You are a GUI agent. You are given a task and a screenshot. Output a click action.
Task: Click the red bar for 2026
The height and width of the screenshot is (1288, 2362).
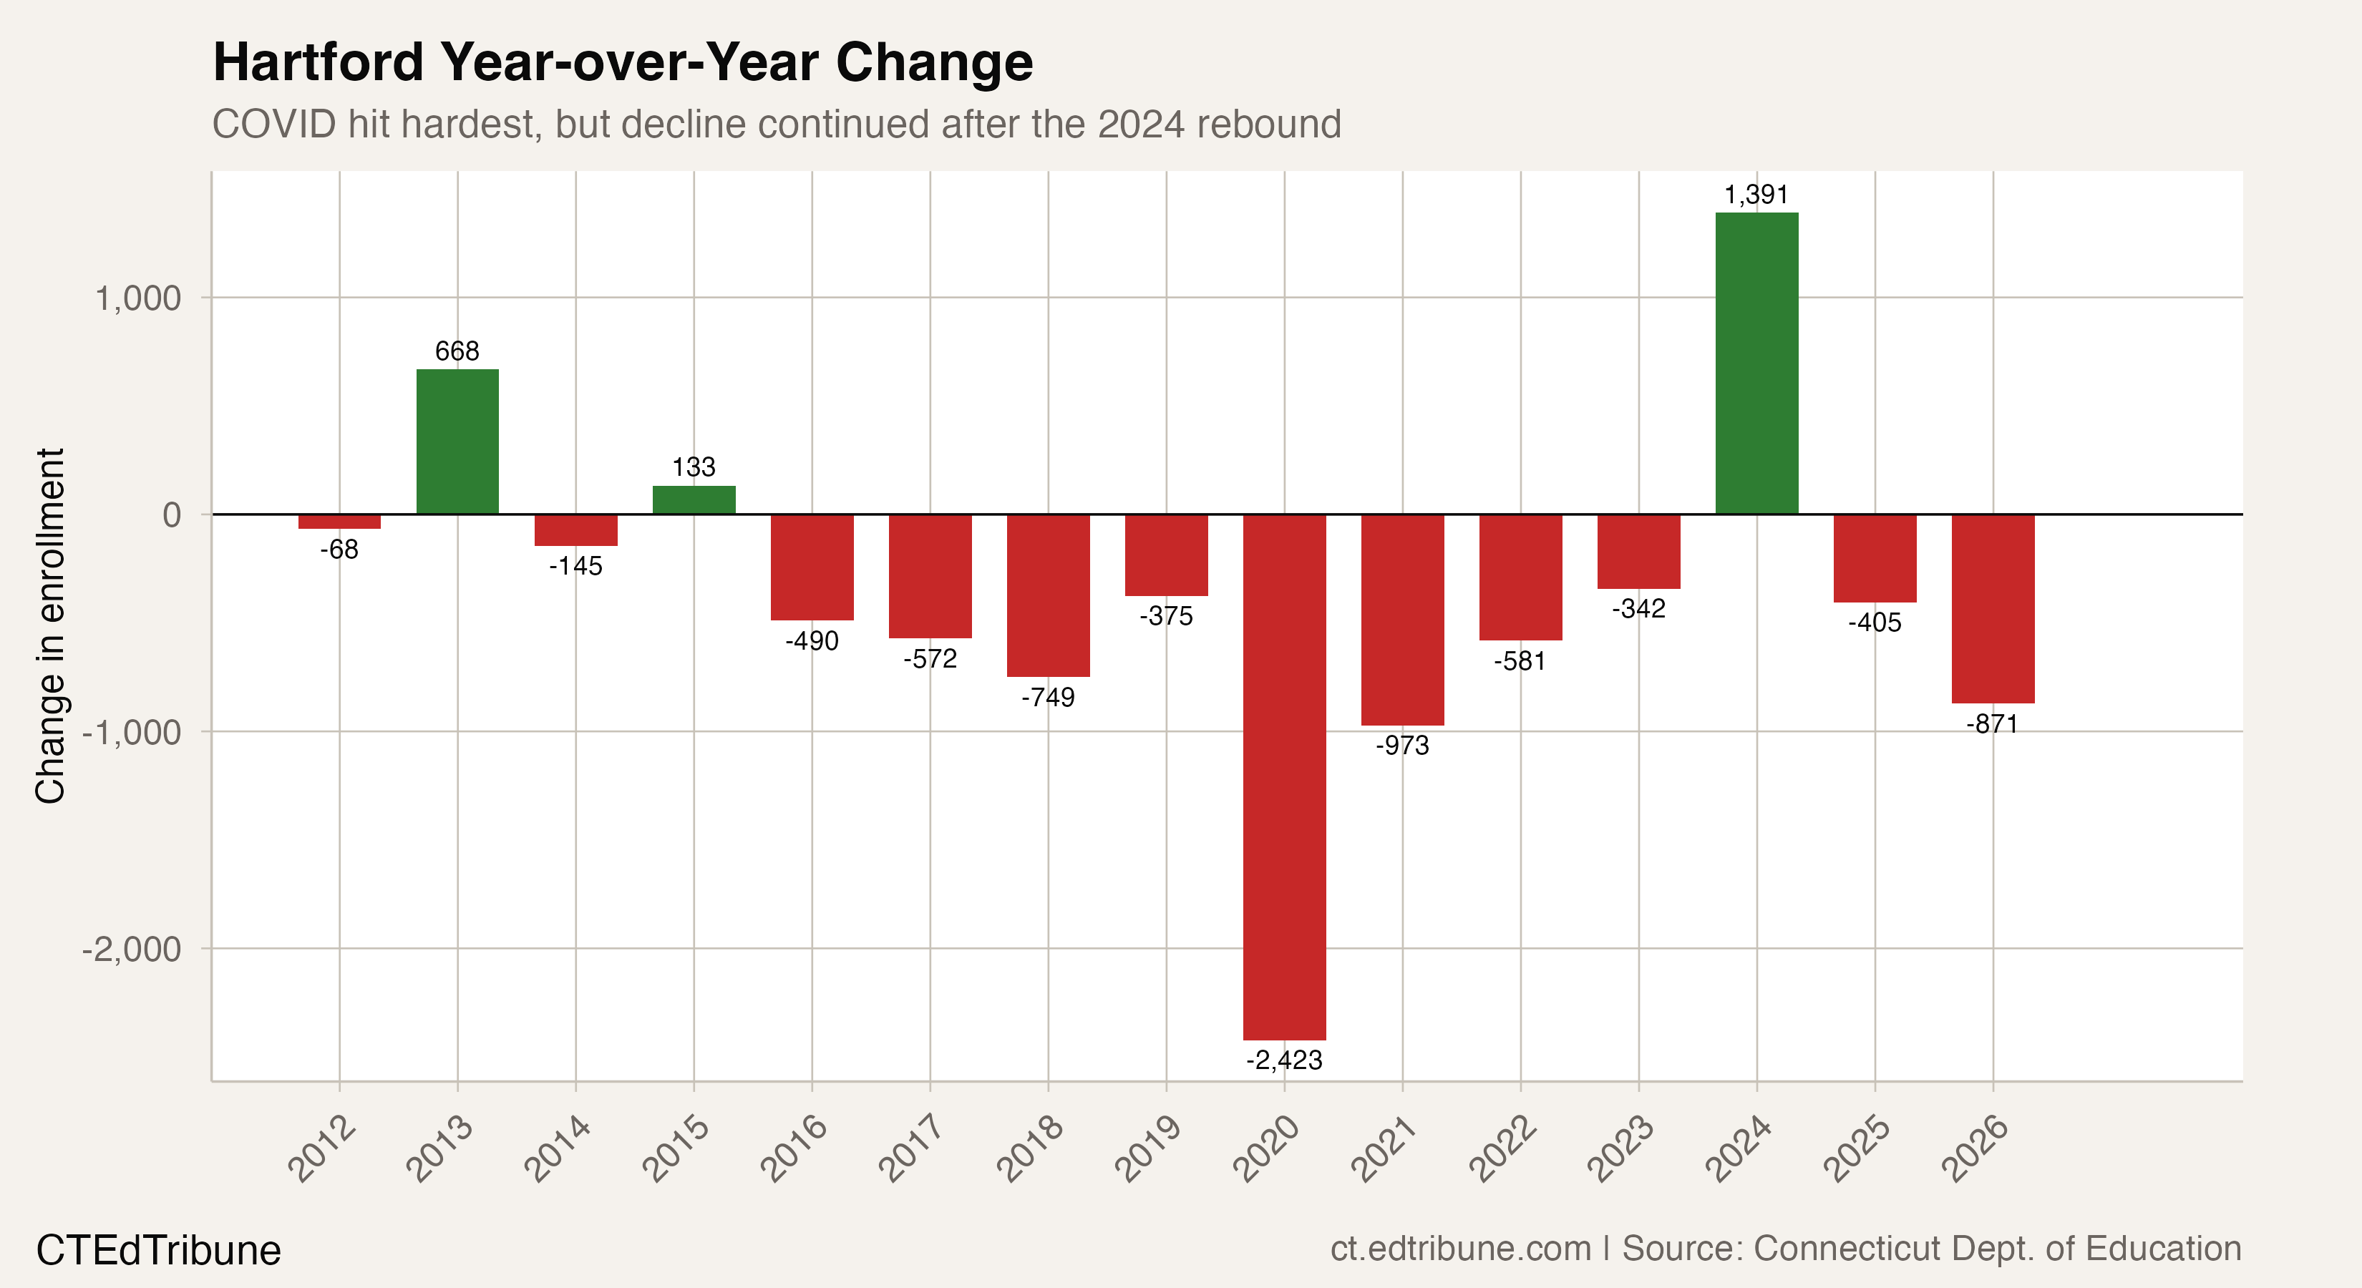(1993, 609)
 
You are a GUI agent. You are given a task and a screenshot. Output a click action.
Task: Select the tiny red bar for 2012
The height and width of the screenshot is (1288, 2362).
(339, 522)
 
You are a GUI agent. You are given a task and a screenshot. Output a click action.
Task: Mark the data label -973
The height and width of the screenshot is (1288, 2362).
(1402, 746)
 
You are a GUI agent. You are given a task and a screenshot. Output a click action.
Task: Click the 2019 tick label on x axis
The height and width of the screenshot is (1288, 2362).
(1148, 1148)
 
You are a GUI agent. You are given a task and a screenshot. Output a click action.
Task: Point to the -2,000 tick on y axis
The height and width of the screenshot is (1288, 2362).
(132, 949)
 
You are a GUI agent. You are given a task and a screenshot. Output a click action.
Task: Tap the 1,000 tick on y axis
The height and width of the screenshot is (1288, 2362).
(138, 298)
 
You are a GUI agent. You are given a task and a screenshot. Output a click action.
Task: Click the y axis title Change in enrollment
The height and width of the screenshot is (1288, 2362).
(50, 625)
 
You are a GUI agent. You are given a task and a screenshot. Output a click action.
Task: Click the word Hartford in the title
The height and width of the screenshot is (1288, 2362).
(319, 62)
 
